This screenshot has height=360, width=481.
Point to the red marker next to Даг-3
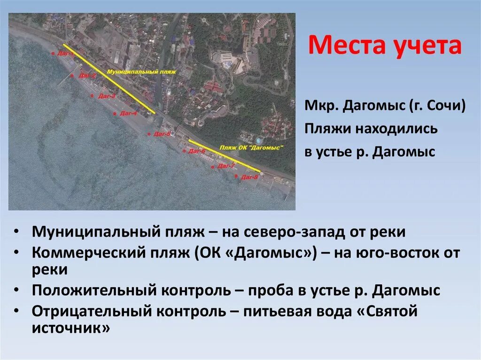[x=92, y=96]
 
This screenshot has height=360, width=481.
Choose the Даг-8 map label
[x=249, y=177]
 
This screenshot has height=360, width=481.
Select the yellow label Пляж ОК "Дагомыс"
[x=252, y=147]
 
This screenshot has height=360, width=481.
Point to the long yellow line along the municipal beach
[x=108, y=79]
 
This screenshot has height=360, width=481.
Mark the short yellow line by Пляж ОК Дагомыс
[x=224, y=154]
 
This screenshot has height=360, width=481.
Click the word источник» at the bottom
[x=70, y=328]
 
